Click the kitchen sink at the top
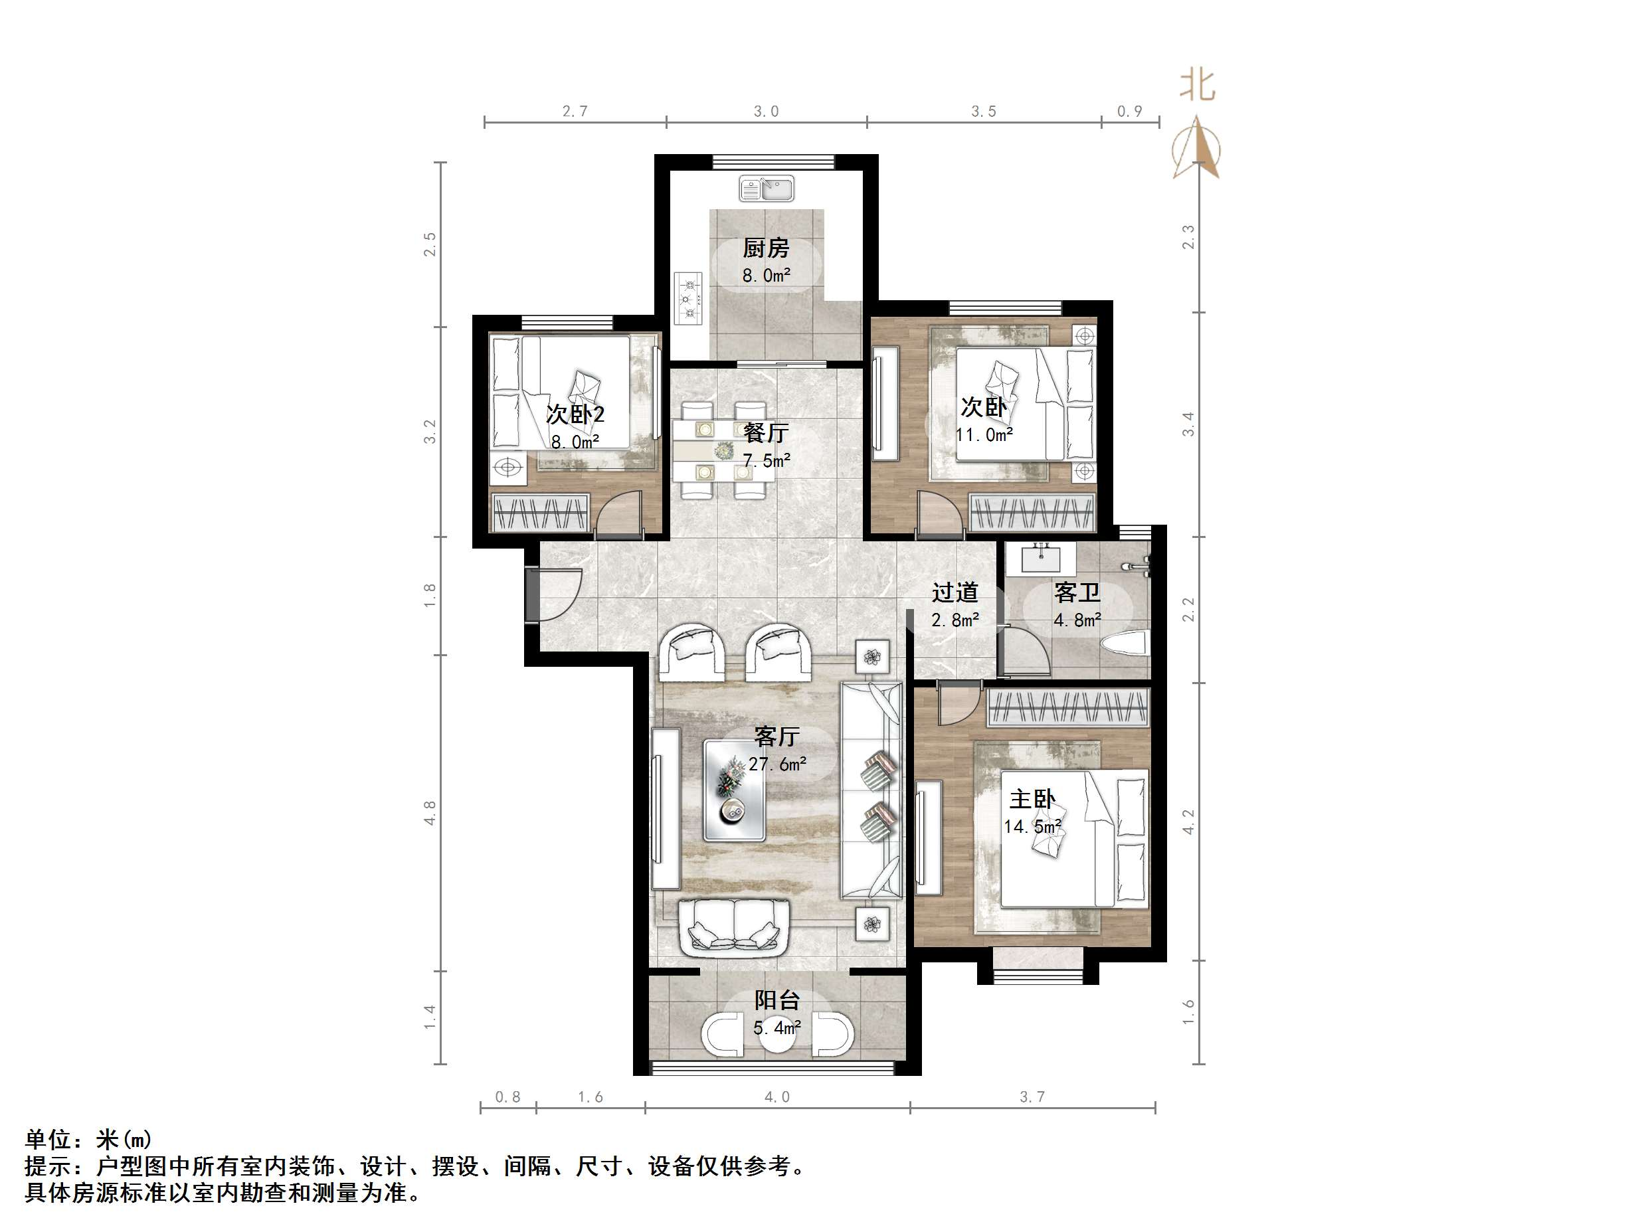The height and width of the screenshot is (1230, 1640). pyautogui.click(x=766, y=189)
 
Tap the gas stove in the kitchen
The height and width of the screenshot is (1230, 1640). pyautogui.click(x=688, y=298)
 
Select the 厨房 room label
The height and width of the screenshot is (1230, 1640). pyautogui.click(x=766, y=248)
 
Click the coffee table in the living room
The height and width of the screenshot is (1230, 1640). pyautogui.click(x=734, y=790)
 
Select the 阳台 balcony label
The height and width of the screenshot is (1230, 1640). pyautogui.click(x=776, y=1000)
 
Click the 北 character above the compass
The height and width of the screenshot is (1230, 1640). pyautogui.click(x=1198, y=85)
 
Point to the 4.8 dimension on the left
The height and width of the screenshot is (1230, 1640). pyautogui.click(x=430, y=813)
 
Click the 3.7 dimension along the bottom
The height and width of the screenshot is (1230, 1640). pyautogui.click(x=1032, y=1097)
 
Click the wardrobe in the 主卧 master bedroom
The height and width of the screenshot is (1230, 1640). pyautogui.click(x=1067, y=707)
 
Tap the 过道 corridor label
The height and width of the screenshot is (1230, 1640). pyautogui.click(x=955, y=592)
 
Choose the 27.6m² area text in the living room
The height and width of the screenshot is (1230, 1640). pyautogui.click(x=777, y=764)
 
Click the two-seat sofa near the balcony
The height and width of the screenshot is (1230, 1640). pyautogui.click(x=734, y=928)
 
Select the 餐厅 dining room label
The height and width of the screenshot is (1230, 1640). pyautogui.click(x=766, y=432)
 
